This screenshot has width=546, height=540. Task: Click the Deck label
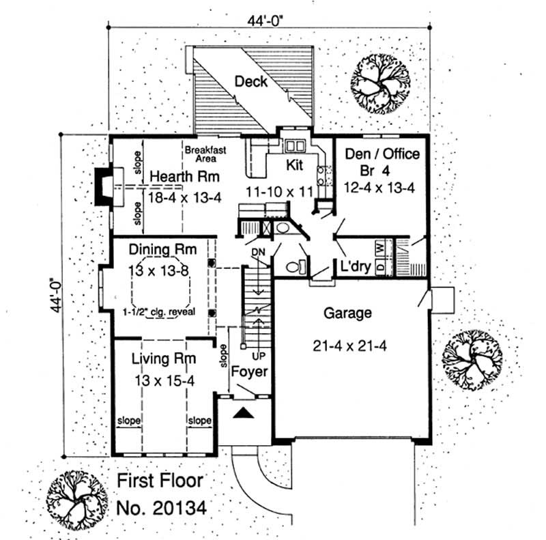(x=250, y=82)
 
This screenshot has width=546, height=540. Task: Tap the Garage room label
(x=348, y=313)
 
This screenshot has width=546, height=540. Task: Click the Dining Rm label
(x=158, y=251)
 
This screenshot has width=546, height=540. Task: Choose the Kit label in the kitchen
(x=294, y=165)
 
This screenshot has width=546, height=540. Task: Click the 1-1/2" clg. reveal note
(x=159, y=312)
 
